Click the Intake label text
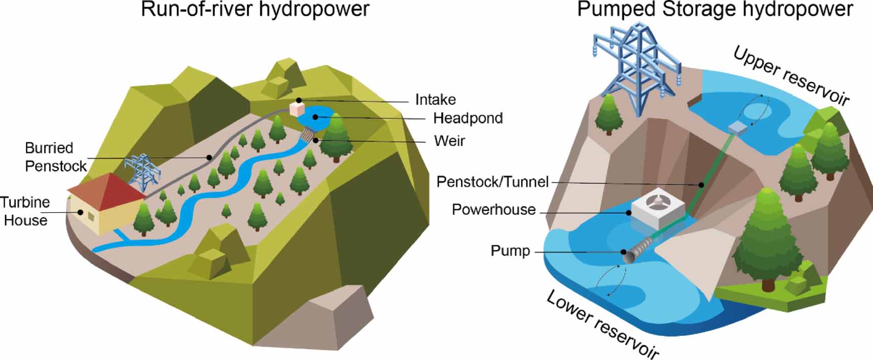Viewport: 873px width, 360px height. tap(435, 100)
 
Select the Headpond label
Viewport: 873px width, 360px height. tap(468, 118)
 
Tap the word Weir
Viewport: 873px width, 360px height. tap(449, 141)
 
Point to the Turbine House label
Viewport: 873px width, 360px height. tap(25, 211)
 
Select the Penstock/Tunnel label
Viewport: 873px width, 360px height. tap(492, 182)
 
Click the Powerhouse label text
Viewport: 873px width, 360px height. tap(493, 210)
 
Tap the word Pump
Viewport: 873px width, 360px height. tap(510, 251)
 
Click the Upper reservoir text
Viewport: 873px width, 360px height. tap(791, 76)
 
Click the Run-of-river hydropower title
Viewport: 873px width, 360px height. tap(255, 10)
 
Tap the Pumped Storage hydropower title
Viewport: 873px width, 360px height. tap(715, 10)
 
